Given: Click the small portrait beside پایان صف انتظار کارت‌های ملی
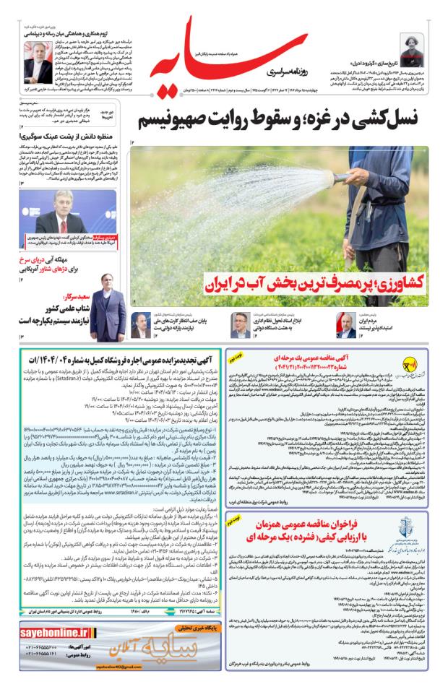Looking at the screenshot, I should (x=157, y=326).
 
